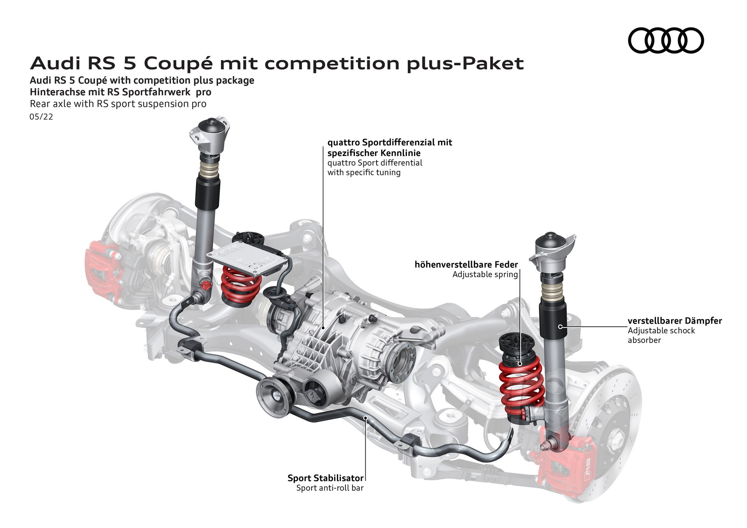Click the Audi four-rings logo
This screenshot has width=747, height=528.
[x=666, y=40]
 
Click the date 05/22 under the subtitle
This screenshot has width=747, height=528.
[x=41, y=117]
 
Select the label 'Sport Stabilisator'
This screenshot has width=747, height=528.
[x=325, y=478]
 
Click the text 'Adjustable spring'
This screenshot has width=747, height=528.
[x=485, y=274]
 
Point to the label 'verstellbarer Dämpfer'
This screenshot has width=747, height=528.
[x=674, y=321]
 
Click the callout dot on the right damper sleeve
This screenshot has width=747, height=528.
[x=560, y=327]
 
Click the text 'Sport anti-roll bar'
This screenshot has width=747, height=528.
[x=330, y=488]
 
